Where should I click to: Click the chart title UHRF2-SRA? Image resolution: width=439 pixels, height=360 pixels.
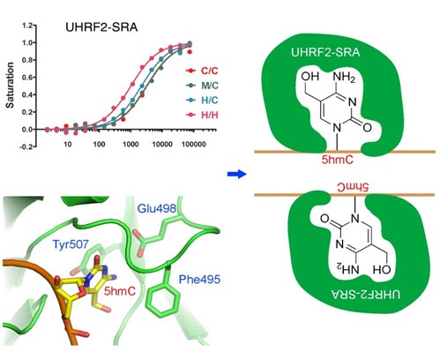101,27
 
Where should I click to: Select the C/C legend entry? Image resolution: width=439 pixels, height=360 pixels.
203,71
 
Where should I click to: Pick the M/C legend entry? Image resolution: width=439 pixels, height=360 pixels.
203,86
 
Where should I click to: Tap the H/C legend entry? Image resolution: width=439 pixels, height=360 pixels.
203,101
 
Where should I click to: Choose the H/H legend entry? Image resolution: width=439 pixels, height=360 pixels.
203,115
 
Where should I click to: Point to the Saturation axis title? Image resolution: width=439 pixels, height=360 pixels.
10,85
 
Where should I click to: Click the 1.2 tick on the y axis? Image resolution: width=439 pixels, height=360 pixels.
27,26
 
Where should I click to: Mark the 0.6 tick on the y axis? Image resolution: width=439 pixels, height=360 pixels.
27,78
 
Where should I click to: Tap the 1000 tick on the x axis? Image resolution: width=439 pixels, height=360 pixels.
130,145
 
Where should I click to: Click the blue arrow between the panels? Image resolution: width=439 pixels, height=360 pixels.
237,174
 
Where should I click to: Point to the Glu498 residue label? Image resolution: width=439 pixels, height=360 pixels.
157,209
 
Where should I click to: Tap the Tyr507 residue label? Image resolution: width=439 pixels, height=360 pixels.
71,244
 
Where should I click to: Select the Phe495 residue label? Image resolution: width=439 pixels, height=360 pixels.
199,279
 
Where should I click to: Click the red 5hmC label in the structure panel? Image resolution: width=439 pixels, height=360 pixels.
120,291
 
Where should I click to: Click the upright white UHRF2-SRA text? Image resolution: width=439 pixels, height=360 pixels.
325,52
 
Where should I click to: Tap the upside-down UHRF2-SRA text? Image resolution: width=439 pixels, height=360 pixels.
366,294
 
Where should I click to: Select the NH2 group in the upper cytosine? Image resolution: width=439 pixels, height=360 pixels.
344,77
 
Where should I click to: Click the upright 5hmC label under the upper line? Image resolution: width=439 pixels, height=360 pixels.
337,160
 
